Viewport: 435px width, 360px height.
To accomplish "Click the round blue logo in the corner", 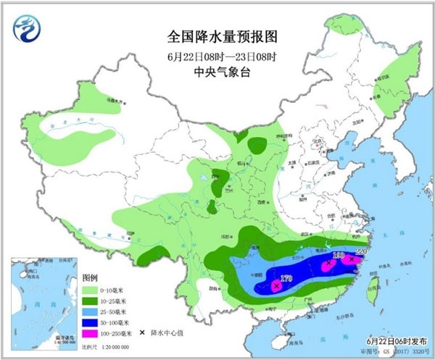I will coord(27,28).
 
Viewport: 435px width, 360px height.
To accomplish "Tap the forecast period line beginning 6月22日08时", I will coord(217,56).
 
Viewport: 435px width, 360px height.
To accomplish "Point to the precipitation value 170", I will coord(286,276).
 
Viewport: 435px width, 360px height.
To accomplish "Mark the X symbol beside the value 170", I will coord(276,286).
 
